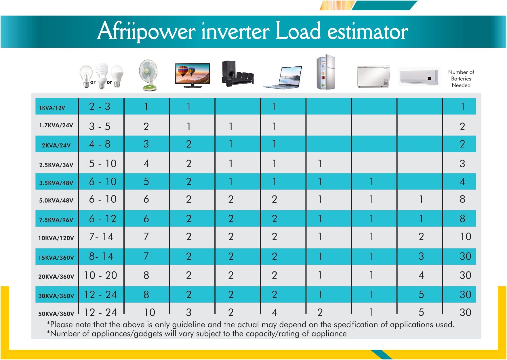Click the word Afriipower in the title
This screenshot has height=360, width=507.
pos(146,31)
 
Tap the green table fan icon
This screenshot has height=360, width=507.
pos(148,75)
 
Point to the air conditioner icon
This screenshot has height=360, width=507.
pos(419,76)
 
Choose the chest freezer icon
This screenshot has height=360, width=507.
pos(373,76)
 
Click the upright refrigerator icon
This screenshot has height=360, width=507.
pos(326,72)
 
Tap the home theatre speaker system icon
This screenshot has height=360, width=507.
pos(238,74)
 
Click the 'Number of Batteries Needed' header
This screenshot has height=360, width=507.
pos(461,78)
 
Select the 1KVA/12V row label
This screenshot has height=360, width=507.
pos(52,108)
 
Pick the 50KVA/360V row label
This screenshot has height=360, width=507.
pos(56,313)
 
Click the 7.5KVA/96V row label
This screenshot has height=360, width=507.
pos(56,220)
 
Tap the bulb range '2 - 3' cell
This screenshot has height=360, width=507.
pos(100,106)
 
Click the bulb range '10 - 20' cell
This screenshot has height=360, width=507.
pos(100,275)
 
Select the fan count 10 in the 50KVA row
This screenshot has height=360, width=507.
pos(149,312)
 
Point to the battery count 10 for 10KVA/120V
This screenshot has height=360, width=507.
pos(465,237)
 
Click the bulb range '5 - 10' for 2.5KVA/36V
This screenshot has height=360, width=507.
pos(102,164)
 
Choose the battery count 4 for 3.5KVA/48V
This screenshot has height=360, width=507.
pos(462,182)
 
